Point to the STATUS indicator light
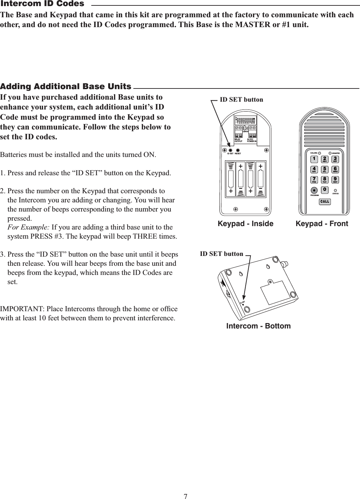pos(335,191)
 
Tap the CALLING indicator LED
pos(320,153)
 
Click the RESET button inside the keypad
pos(238,150)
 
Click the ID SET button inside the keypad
pos(230,150)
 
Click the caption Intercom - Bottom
pos(258,326)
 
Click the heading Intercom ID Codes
pos(42,4)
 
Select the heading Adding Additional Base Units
pos(66,86)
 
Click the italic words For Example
pos(28,227)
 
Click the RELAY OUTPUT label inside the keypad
pos(238,140)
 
